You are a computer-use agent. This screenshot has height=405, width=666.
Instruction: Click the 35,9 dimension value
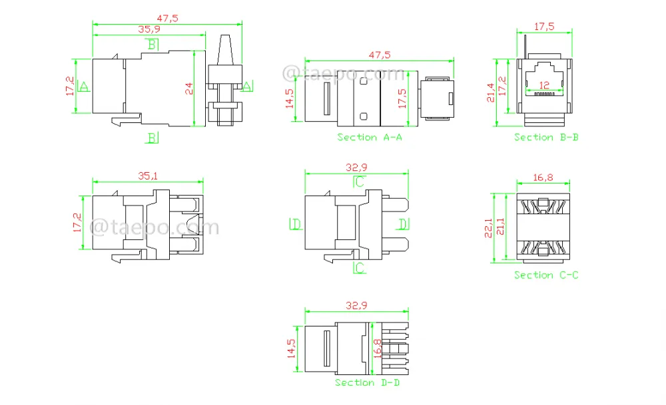point(149,29)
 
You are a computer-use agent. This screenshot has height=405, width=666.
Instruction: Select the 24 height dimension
point(189,88)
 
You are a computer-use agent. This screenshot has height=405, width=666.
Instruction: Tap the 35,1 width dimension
point(148,176)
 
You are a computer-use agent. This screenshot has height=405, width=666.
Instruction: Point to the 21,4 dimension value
point(491,93)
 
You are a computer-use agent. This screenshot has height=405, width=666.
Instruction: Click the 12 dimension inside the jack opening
point(544,85)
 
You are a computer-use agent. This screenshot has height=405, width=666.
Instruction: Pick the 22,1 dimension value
point(488,227)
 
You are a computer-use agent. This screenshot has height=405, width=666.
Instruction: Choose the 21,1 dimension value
point(500,227)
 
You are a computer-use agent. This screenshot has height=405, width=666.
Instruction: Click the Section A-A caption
point(370,137)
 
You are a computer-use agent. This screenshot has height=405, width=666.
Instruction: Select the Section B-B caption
point(546,137)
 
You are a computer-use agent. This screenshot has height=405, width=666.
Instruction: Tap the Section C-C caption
point(546,275)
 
